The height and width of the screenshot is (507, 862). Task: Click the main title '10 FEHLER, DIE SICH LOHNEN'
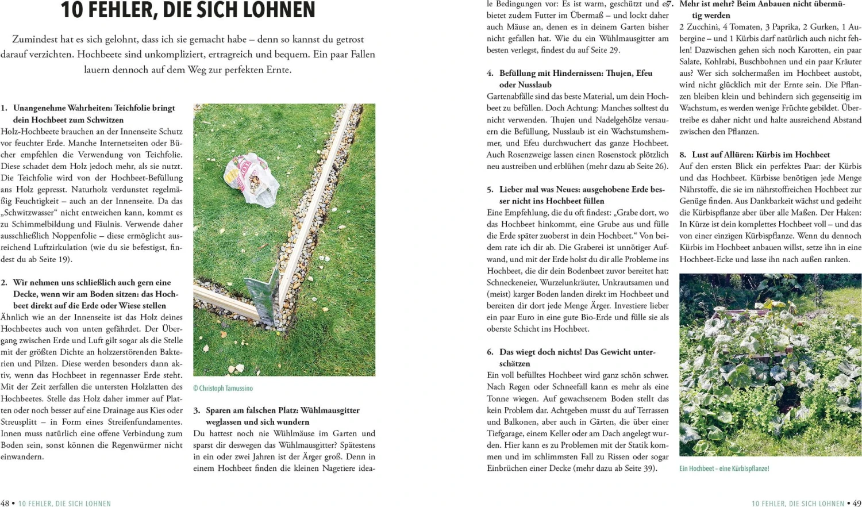click(x=188, y=10)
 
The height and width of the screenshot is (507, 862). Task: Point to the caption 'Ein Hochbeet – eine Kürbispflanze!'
click(x=724, y=468)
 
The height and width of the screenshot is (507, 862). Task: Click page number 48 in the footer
click(x=5, y=503)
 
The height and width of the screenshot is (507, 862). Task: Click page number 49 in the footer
click(x=857, y=503)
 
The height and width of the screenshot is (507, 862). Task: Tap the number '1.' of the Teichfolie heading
click(x=5, y=108)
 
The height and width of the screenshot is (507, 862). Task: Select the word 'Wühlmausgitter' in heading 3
click(x=330, y=410)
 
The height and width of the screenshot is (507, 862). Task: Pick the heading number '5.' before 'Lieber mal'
click(x=490, y=190)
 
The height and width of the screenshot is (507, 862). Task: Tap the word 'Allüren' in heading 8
click(x=735, y=155)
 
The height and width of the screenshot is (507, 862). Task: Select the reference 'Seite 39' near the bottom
click(x=641, y=468)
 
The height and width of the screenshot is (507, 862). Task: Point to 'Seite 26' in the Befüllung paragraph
click(x=652, y=167)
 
